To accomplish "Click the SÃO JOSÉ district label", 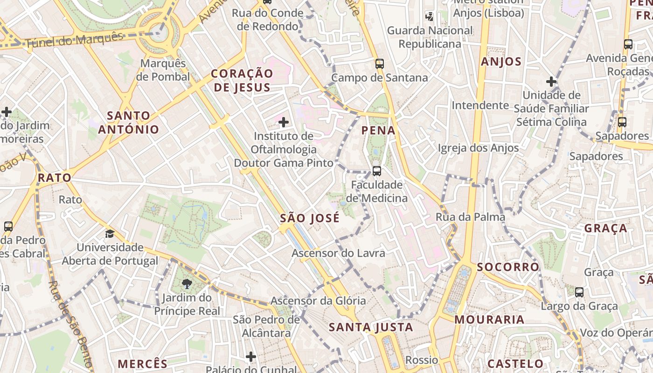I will tap(310, 218).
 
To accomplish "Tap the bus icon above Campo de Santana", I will tap(380, 64).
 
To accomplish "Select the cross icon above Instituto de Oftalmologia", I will tap(283, 123).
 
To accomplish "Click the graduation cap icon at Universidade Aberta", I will tap(110, 234).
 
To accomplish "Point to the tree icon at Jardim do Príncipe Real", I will tap(187, 284).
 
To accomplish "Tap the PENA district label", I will tap(378, 131).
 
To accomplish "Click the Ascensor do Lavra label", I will tap(338, 253).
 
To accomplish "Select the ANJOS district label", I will tap(501, 62).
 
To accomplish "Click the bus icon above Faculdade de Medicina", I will tap(377, 171).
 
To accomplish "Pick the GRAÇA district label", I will tap(606, 228).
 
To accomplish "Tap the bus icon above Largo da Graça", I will tap(579, 292).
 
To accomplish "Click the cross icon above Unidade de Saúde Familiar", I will tap(551, 82).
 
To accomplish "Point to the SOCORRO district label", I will tap(508, 267).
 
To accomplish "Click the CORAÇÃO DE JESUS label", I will tap(242, 80).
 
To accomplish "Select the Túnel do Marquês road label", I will tap(74, 40).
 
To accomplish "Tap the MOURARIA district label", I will tap(489, 320).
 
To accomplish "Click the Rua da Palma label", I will tap(470, 217).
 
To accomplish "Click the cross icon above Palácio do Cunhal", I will tap(251, 357).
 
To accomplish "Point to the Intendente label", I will tap(480, 105).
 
